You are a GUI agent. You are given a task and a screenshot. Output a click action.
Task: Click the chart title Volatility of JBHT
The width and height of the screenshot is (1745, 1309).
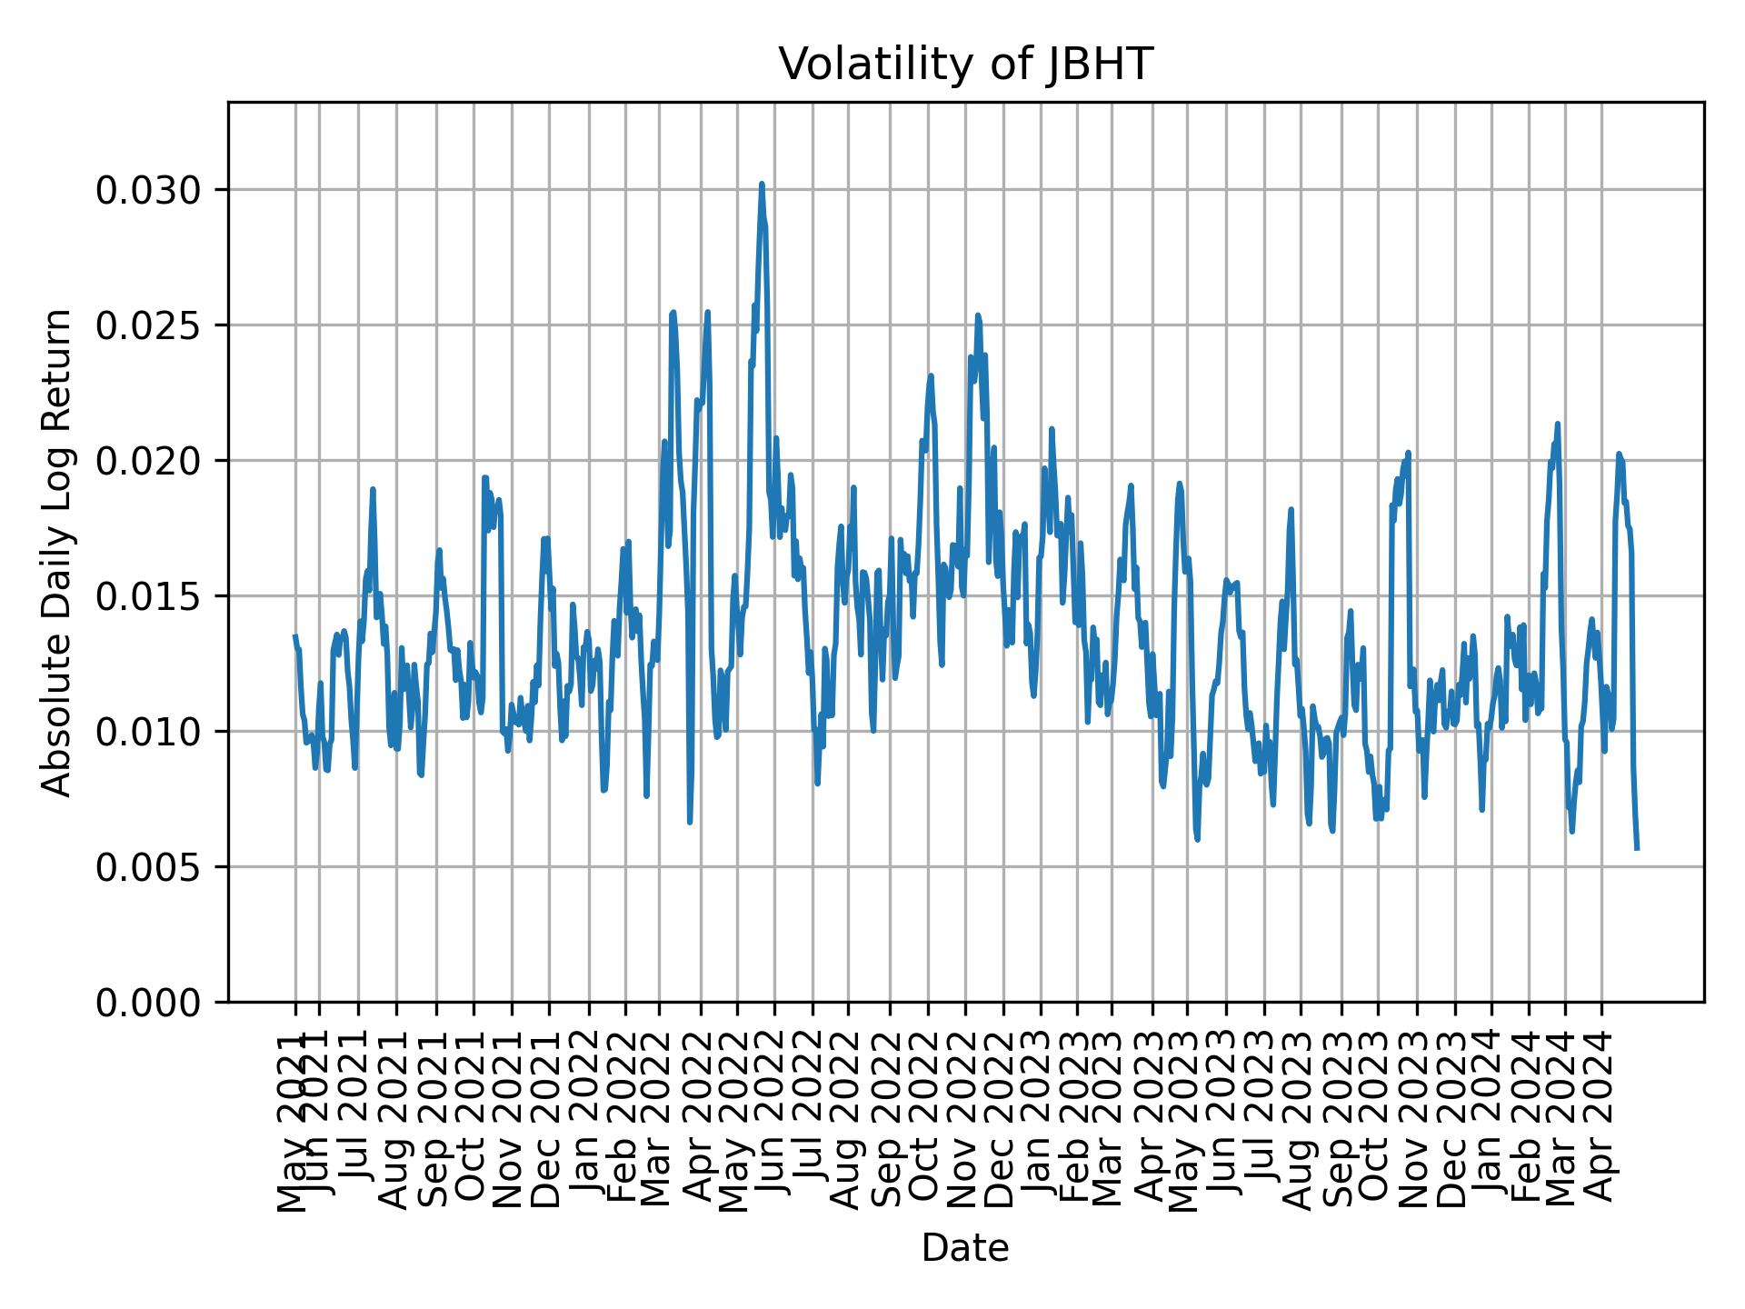pos(965,65)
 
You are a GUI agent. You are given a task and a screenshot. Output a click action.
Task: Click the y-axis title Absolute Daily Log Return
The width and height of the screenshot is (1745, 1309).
pos(57,553)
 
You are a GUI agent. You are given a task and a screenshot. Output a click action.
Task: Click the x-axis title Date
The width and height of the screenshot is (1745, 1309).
pos(965,1248)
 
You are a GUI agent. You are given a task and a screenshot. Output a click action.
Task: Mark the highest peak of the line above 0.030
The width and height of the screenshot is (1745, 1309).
pos(762,184)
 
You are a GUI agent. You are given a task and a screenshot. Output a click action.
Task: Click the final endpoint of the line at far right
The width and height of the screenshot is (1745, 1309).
pos(1637,849)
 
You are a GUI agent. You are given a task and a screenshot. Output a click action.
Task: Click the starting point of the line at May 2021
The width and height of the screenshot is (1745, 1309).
pos(294,636)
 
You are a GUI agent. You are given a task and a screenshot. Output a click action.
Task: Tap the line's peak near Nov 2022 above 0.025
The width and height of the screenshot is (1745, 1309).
pos(978,315)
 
